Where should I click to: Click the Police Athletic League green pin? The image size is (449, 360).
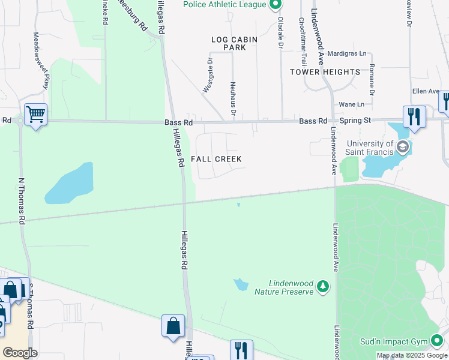tap(276, 5)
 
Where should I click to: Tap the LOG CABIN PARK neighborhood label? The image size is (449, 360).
tap(234, 43)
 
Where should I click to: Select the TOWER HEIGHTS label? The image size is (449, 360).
tap(325, 72)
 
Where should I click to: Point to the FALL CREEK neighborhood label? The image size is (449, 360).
tap(216, 159)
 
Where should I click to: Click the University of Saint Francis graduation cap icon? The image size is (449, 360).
tap(402, 146)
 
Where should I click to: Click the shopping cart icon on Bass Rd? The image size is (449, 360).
tap(35, 114)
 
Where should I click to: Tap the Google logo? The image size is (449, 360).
tap(20, 352)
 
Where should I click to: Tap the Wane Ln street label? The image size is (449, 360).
tap(352, 104)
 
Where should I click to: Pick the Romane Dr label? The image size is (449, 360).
tap(372, 80)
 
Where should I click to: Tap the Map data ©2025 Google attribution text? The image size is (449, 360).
tap(411, 355)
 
